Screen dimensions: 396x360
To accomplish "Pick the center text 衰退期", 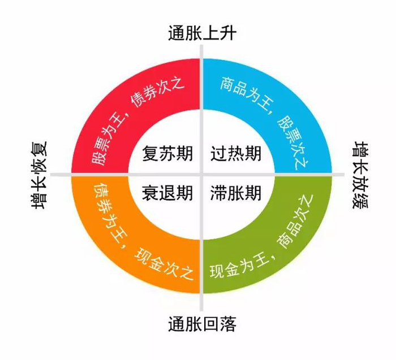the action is pos(167,193).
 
